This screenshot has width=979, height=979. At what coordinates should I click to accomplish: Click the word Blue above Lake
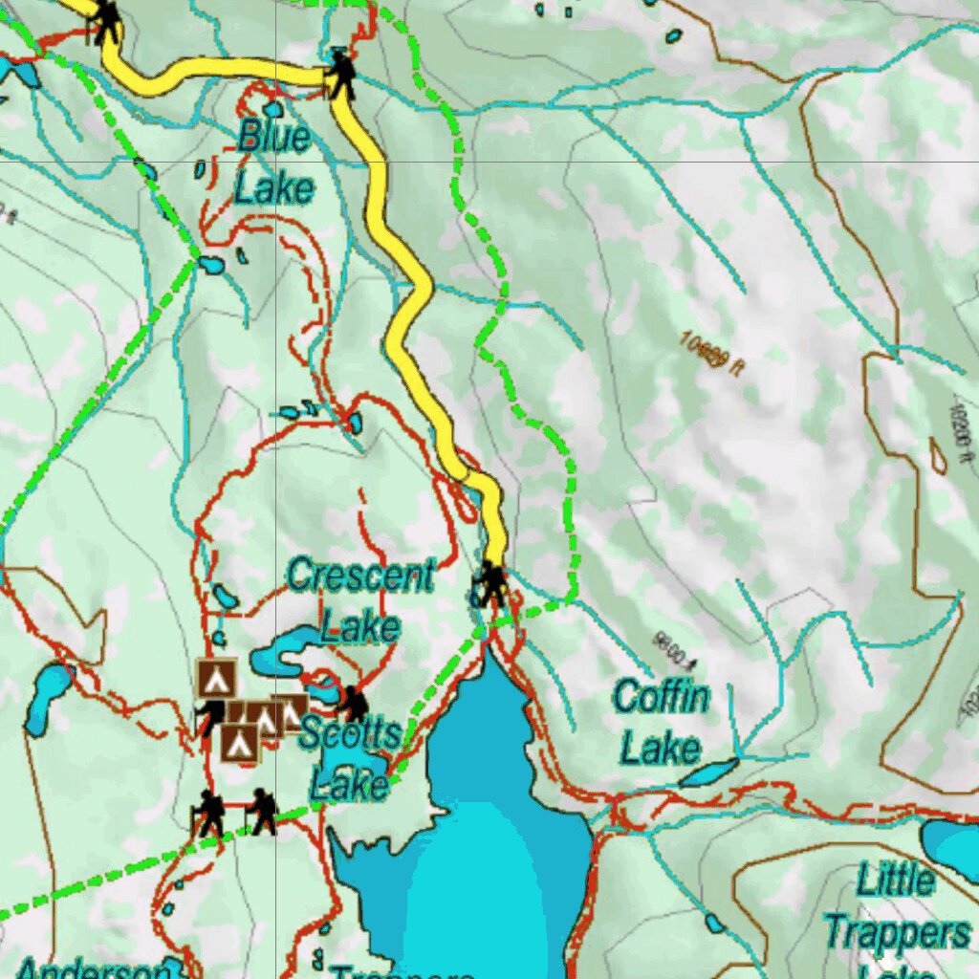[273, 137]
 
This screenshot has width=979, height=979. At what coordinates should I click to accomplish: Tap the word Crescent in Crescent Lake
[360, 576]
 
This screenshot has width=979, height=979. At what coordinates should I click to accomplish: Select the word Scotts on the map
[349, 735]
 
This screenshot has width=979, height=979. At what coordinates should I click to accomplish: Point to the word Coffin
[661, 697]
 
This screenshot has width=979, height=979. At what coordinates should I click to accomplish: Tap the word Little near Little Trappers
[896, 880]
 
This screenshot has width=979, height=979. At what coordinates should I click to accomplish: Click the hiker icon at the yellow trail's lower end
[492, 583]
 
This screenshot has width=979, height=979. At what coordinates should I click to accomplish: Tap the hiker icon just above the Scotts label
[354, 704]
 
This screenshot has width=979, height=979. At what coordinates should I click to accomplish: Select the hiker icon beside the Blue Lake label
[340, 74]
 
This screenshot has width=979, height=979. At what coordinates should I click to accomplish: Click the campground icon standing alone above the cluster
[217, 678]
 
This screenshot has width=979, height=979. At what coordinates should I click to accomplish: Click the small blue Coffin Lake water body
[708, 772]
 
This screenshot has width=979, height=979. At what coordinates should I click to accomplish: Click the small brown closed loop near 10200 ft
[939, 456]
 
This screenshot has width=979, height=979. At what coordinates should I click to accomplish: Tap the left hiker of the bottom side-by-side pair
[209, 814]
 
